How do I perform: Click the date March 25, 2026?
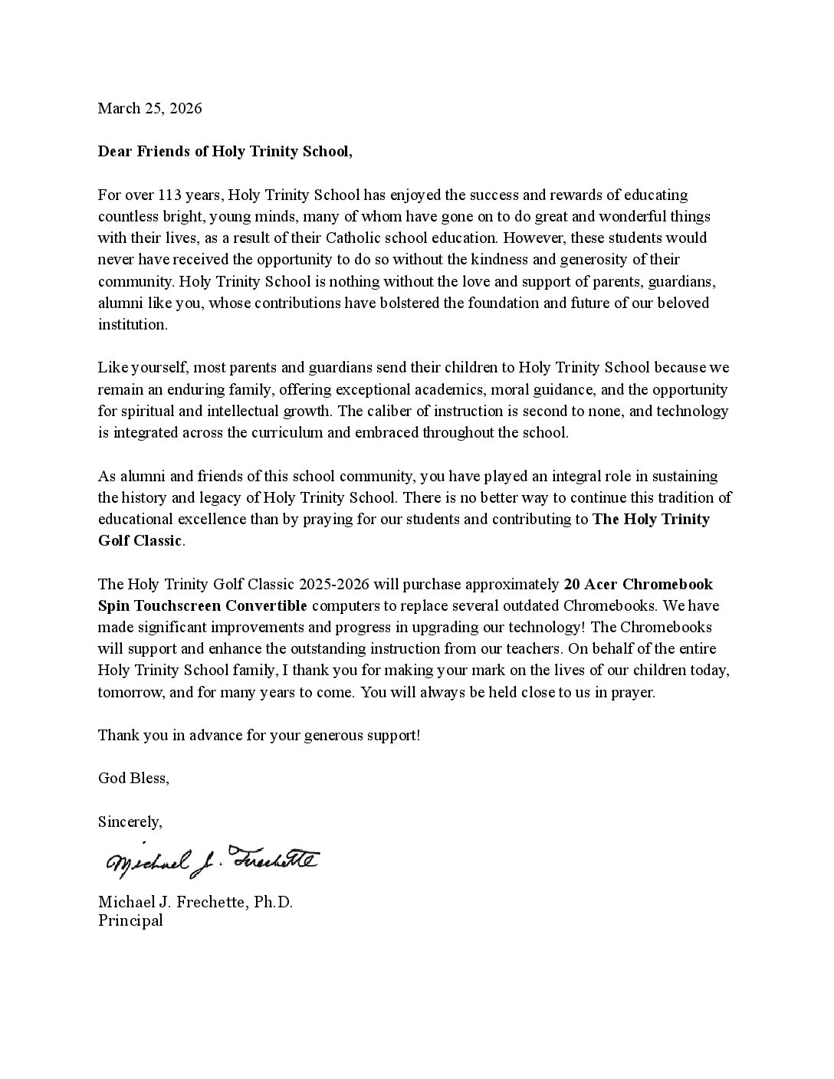(149, 108)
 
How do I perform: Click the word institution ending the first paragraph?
(131, 324)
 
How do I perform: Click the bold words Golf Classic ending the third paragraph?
(140, 541)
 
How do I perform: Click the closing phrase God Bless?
(132, 778)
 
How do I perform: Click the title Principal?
(130, 920)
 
